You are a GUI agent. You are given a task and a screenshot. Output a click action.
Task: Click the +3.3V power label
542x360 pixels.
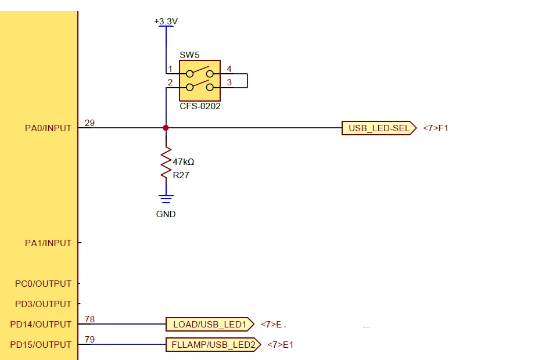[166, 21]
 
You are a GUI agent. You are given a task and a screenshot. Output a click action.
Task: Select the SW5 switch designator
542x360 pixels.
[189, 55]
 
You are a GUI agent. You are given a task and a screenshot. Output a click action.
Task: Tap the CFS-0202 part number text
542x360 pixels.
[200, 106]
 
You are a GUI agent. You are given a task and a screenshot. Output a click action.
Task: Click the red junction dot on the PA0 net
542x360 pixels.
[166, 128]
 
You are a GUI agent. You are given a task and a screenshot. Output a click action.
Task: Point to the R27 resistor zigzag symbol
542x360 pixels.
[166, 163]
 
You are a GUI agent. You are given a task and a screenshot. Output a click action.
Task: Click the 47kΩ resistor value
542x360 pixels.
[184, 161]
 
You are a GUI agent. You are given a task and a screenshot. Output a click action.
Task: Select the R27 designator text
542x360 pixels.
[181, 175]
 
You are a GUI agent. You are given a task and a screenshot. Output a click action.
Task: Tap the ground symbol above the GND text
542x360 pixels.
[166, 199]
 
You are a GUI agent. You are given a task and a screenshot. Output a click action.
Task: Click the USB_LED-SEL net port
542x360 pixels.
[379, 128]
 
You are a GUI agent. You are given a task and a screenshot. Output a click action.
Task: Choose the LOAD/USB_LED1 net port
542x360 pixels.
[210, 325]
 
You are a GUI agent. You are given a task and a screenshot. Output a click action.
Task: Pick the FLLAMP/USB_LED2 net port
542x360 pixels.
[213, 345]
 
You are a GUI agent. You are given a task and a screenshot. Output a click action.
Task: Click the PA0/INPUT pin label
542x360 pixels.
[48, 128]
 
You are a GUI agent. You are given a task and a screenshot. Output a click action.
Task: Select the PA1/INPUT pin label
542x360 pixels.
[48, 243]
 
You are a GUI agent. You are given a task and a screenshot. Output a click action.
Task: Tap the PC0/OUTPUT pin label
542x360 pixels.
[43, 284]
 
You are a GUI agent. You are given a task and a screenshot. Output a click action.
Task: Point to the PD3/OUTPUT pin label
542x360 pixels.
[43, 304]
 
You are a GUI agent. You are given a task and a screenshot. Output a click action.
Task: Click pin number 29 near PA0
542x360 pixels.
[89, 123]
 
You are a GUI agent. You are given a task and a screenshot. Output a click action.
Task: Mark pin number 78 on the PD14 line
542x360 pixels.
[89, 319]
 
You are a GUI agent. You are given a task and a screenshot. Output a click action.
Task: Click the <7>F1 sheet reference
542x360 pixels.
[436, 128]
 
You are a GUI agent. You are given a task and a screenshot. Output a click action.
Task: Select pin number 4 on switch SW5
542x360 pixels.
[229, 69]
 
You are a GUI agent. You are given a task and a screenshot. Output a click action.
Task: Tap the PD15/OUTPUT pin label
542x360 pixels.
[41, 345]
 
